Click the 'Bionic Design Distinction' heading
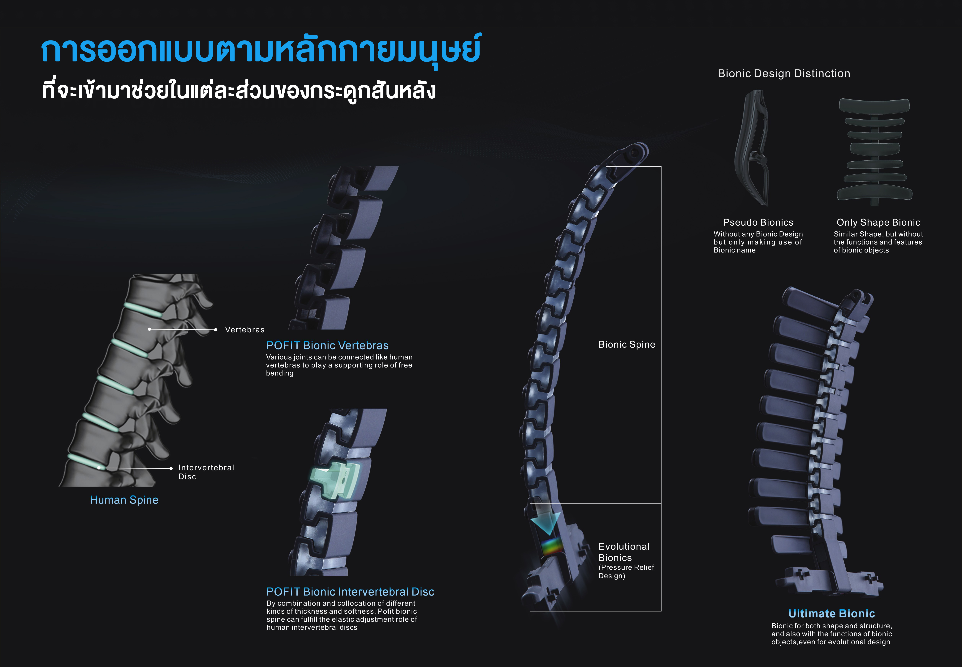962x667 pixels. [x=783, y=74]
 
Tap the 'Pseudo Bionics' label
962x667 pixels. [x=758, y=222]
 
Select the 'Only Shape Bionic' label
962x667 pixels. [x=878, y=222]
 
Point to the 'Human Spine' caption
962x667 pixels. [x=124, y=500]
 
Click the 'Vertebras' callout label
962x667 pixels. [x=245, y=330]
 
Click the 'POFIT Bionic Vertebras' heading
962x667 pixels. [x=327, y=346]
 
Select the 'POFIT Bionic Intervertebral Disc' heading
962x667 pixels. [x=350, y=592]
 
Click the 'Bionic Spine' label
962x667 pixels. [x=626, y=344]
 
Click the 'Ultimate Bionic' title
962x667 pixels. [x=831, y=614]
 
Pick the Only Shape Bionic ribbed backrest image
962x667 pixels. [x=874, y=151]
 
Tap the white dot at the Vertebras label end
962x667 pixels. [x=215, y=330]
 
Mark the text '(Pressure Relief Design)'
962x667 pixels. [x=626, y=571]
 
